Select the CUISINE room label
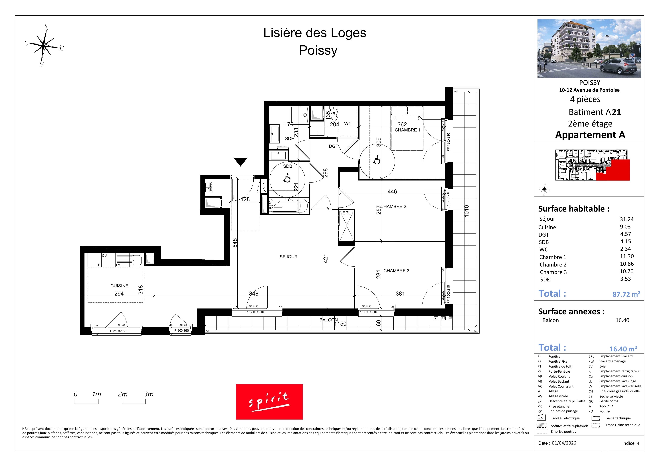(x=119, y=286)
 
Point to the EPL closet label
(x=346, y=213)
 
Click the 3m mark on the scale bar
(x=149, y=394)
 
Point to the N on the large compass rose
(x=46, y=28)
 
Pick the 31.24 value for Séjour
(x=626, y=219)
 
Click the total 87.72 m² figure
(x=626, y=294)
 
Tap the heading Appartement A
(x=590, y=135)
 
